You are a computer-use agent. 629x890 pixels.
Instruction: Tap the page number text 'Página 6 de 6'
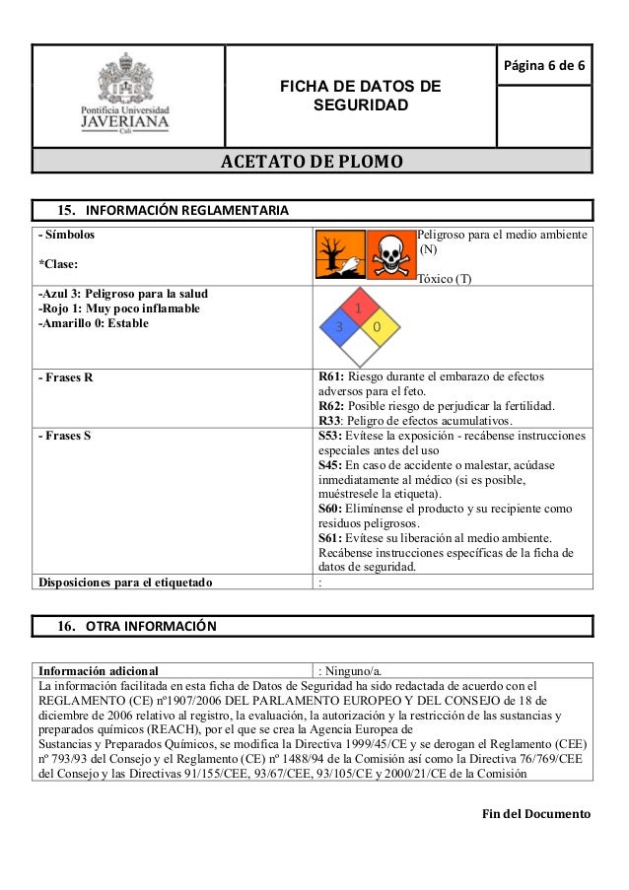(544, 67)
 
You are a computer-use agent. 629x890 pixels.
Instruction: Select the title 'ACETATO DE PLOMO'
(312, 161)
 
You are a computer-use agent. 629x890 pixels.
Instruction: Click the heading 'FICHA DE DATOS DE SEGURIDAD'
(361, 95)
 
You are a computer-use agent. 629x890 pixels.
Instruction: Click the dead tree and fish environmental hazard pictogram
(339, 255)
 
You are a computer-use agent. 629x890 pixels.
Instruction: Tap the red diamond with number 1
(359, 308)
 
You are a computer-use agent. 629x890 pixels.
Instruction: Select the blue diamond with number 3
(340, 326)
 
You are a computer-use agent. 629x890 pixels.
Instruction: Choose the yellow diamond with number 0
(378, 326)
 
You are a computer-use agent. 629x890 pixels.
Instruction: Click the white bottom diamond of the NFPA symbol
(359, 346)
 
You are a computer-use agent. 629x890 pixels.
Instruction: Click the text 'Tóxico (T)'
(445, 279)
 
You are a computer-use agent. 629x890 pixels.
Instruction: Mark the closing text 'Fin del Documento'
(535, 814)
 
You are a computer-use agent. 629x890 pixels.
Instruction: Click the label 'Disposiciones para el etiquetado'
(124, 581)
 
